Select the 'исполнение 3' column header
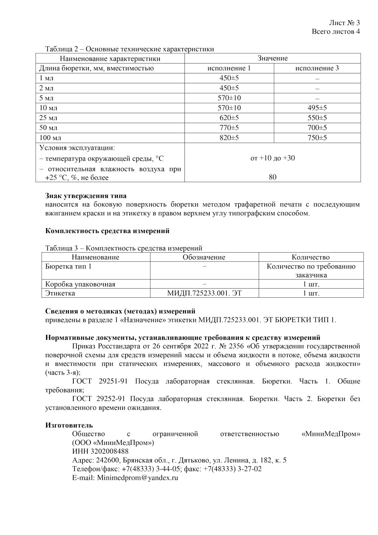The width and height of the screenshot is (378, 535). coord(317,68)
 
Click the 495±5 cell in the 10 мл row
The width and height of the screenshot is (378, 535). coord(317,108)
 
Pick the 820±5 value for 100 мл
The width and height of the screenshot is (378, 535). coord(229,138)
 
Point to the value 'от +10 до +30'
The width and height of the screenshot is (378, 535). coord(273,158)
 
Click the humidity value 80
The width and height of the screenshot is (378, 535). coord(273,177)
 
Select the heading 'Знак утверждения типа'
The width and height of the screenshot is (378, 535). coord(86,196)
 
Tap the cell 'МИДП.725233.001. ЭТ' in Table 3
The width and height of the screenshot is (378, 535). coord(204,293)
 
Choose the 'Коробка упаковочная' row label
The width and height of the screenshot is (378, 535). coord(80,284)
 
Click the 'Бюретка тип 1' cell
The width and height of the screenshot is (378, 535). coord(68,266)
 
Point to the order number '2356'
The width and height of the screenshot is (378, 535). coord(235,346)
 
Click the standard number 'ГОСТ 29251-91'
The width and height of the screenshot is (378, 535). coord(99,381)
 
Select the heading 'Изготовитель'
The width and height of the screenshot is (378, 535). coord(69,425)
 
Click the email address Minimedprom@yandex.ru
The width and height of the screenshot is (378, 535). coord(137,478)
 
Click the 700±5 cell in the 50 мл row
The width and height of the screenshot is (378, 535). coord(317,128)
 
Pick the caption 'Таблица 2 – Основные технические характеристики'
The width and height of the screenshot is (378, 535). coord(129,49)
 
